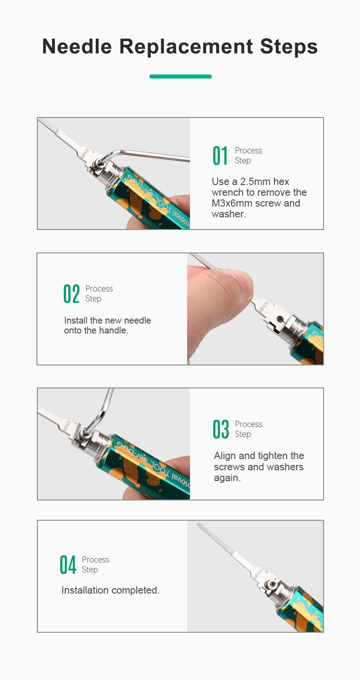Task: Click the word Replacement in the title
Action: [186, 47]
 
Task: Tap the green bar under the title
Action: [180, 77]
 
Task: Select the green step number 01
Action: [220, 156]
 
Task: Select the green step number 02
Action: [72, 294]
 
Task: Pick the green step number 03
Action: [220, 429]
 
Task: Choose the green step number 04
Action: [67, 565]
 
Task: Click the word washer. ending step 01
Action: [229, 214]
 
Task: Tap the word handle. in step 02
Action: [113, 330]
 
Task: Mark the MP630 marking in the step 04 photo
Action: [257, 574]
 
